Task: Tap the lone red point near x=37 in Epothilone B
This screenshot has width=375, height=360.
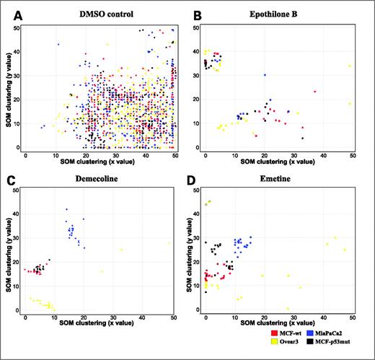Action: (x=314, y=92)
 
